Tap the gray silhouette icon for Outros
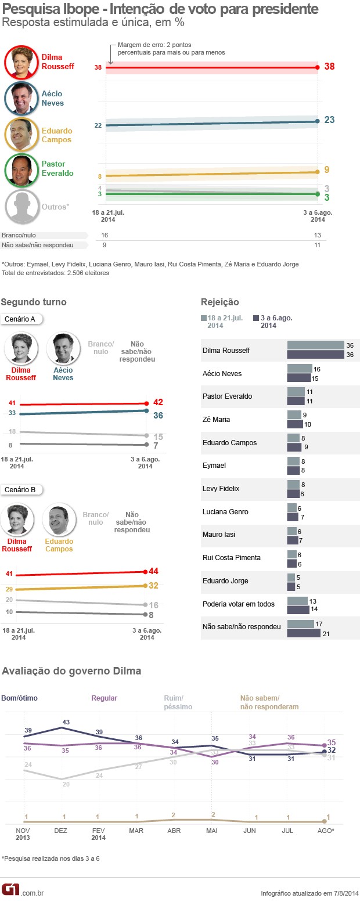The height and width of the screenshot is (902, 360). click(22, 207)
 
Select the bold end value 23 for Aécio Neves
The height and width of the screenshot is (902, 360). click(329, 120)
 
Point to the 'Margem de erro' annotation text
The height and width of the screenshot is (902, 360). click(171, 49)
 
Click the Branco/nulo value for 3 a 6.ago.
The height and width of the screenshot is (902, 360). click(316, 235)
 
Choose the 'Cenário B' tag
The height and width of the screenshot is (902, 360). click(20, 489)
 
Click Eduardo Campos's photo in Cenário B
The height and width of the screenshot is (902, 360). click(59, 519)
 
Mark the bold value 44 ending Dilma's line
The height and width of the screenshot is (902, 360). click(153, 571)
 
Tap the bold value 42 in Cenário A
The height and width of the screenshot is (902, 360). click(157, 402)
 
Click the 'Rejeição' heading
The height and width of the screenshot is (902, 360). click(219, 302)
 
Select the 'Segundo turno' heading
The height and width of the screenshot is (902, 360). click(34, 302)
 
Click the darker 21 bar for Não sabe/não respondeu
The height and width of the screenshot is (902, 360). click(304, 633)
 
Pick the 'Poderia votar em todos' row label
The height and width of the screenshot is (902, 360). click(238, 604)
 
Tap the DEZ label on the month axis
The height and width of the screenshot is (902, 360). click(60, 831)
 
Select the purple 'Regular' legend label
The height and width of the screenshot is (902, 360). click(105, 698)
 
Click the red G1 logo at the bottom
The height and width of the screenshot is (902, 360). click(10, 889)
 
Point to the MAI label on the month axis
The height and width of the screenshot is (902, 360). click(212, 831)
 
